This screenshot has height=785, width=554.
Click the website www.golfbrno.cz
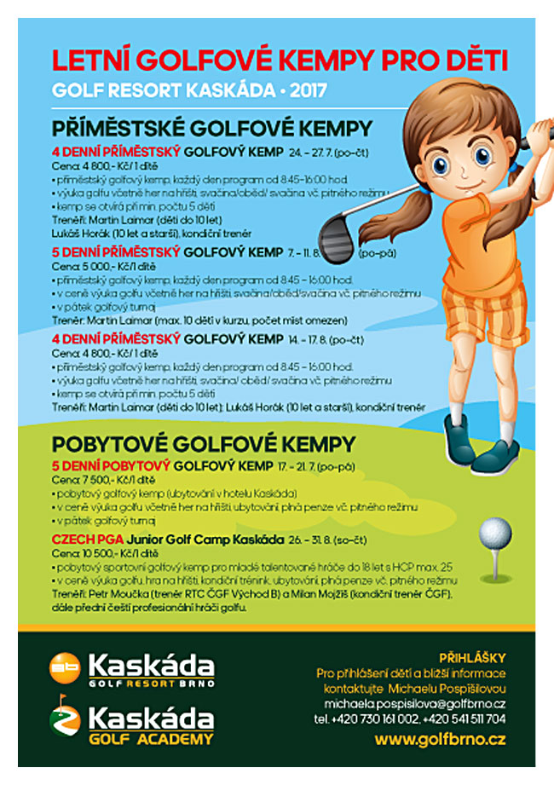[x=440, y=739]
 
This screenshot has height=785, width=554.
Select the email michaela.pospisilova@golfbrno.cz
[x=414, y=703]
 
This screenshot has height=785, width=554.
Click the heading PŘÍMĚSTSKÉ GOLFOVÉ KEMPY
[x=212, y=129]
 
